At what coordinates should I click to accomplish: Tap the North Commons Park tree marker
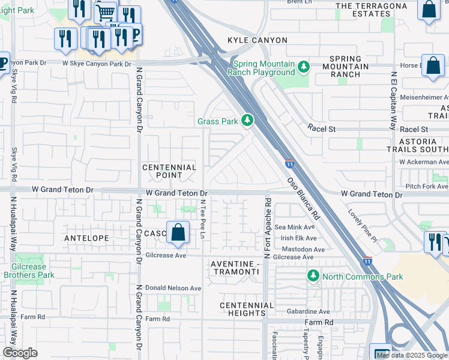(313, 276)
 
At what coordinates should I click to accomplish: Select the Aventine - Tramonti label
(235, 268)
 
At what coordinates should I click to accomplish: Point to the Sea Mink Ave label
(295, 227)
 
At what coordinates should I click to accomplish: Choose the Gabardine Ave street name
(307, 311)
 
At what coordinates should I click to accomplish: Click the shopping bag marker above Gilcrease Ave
(178, 232)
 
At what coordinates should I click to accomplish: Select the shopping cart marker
(105, 12)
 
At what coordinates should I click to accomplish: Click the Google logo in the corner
(20, 353)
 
